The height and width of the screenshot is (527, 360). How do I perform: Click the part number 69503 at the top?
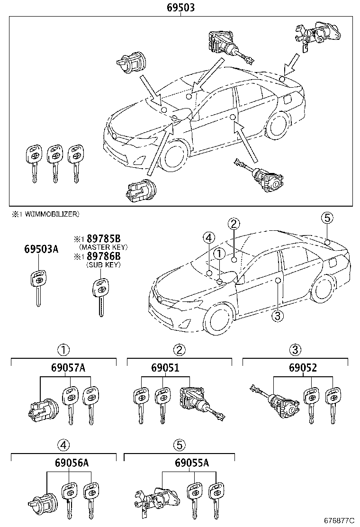[x=180, y=8]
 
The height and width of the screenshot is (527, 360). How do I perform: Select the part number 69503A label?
[x=41, y=249]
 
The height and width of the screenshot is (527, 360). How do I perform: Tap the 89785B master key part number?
[x=103, y=239]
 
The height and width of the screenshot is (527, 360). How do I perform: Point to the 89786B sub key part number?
[x=103, y=256]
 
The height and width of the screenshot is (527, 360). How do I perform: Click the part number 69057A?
[x=64, y=368]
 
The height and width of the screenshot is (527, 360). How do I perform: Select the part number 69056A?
[x=64, y=463]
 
